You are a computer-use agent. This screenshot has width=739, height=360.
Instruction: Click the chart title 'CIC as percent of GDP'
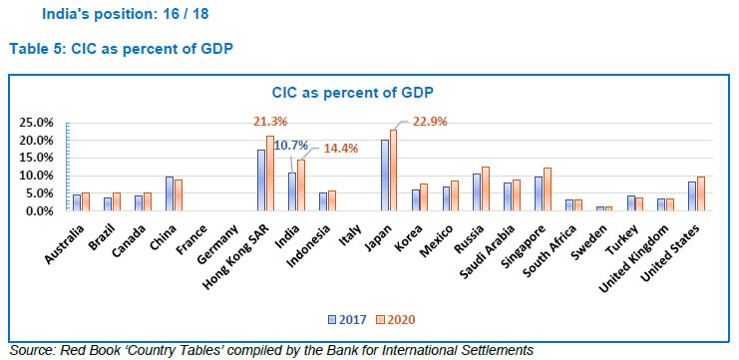coord(368,92)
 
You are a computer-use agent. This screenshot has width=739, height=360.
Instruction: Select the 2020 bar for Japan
coord(393,171)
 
